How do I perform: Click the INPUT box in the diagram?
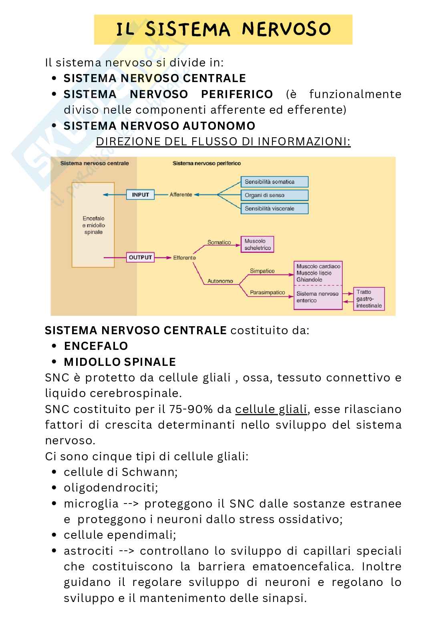click(x=140, y=195)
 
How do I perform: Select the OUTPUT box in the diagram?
click(x=140, y=257)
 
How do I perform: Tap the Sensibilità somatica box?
click(x=274, y=182)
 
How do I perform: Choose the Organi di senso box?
click(x=274, y=195)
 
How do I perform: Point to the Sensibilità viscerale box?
click(x=274, y=209)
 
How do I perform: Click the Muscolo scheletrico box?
click(x=258, y=245)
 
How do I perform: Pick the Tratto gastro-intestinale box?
click(x=369, y=299)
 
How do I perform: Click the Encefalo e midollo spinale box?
click(x=93, y=225)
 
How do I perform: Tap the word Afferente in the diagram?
click(x=181, y=195)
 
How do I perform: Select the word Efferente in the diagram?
click(x=184, y=258)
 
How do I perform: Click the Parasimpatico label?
click(x=267, y=293)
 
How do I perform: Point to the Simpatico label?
click(x=262, y=271)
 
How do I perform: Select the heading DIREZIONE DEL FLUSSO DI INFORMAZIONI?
click(x=223, y=142)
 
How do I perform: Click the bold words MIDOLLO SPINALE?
click(x=120, y=362)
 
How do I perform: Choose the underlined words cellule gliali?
click(x=271, y=409)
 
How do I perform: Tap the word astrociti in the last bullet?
click(x=88, y=551)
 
